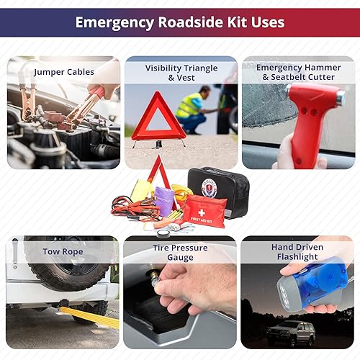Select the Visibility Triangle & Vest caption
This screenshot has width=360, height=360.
tap(181, 73)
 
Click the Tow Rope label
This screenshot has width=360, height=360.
tap(62, 252)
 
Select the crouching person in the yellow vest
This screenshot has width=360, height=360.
tap(193, 109)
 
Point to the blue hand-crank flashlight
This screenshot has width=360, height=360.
tap(318, 284)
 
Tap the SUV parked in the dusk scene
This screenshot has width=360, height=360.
tap(292, 333)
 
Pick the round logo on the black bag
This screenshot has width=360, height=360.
tap(210, 188)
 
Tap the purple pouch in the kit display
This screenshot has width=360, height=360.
tap(165, 201)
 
